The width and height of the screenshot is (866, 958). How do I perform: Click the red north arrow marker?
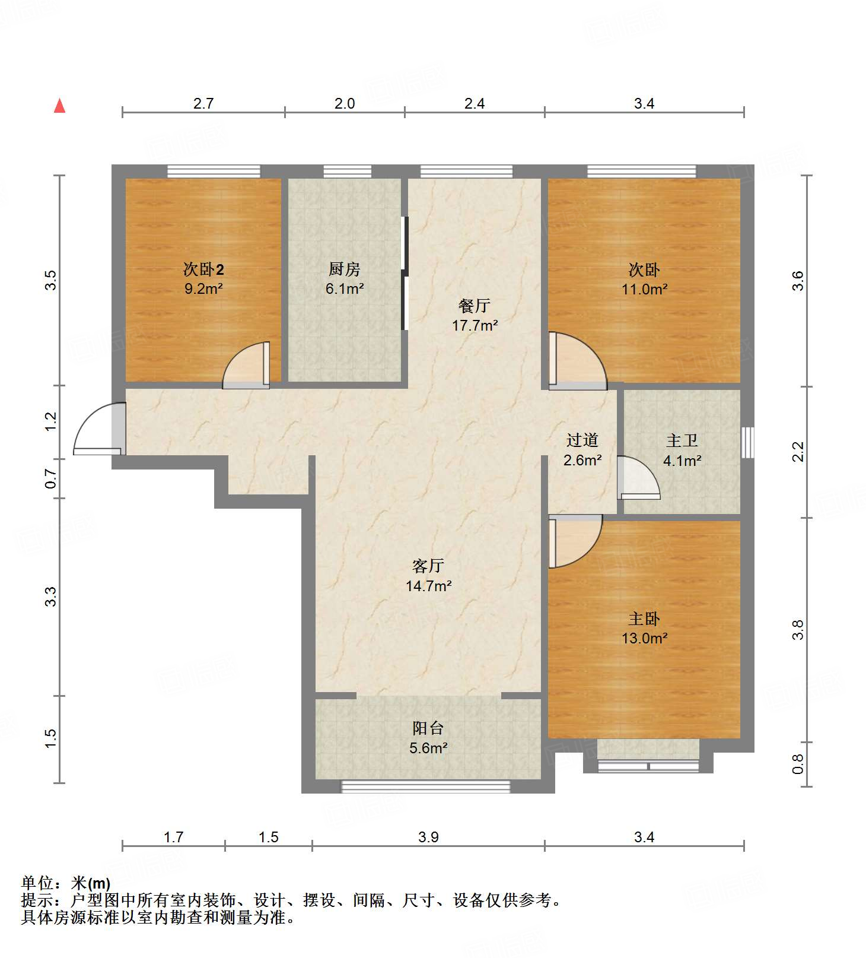coord(59,106)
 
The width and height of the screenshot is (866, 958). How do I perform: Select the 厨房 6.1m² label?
coord(344,278)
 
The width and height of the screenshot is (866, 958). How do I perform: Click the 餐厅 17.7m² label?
coord(475,315)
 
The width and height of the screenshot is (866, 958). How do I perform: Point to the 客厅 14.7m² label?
coord(428,576)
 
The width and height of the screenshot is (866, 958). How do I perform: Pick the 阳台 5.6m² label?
coord(428,738)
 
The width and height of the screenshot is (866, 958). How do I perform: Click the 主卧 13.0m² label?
coord(644,628)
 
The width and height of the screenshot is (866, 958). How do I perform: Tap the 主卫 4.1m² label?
coord(682,450)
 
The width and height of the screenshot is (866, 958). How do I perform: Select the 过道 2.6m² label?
coord(582,449)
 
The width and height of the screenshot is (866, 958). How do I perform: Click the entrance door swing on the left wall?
coord(98,429)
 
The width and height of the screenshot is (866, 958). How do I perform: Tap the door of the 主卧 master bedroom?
coord(572,540)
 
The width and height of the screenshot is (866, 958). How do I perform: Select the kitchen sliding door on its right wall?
coord(405,273)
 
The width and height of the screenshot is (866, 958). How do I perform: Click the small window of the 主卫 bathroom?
coord(748,442)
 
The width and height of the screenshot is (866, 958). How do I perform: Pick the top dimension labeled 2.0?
coord(344,104)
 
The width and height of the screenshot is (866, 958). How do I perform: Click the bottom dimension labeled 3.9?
coord(428,837)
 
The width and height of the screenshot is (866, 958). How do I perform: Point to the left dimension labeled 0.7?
coord(51,478)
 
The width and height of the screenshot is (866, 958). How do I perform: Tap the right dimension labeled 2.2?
coord(798,451)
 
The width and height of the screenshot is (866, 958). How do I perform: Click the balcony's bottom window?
coord(425,786)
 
